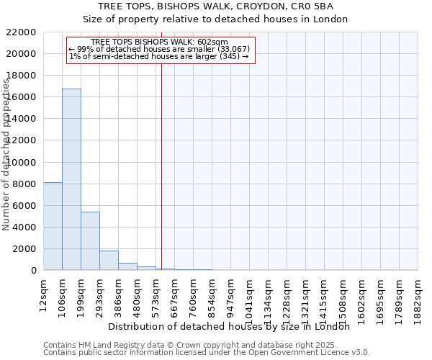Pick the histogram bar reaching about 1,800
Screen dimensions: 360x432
[x=109, y=261]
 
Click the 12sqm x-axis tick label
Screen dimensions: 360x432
[x=43, y=294]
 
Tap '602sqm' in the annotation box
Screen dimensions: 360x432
[x=213, y=42]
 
